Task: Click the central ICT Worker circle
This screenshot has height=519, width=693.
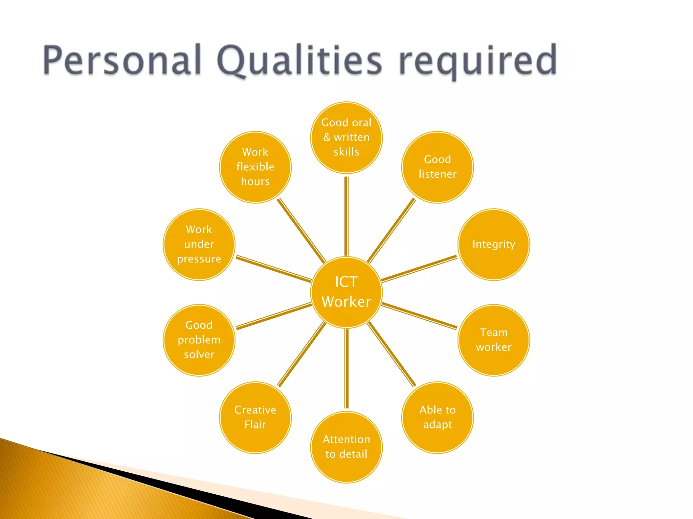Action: pos(346,292)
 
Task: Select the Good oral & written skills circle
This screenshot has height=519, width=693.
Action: pos(346,138)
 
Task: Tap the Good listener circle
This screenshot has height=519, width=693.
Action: pos(437,167)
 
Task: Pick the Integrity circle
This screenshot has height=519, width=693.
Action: pos(494,244)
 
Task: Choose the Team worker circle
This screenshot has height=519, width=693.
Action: pos(494,340)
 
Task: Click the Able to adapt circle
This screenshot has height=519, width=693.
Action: pos(437,417)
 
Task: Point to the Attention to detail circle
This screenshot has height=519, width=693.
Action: pos(346,447)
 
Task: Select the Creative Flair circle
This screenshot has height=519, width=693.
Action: pos(255,417)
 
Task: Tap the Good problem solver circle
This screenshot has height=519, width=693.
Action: pos(199,340)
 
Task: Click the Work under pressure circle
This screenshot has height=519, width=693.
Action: pos(199,244)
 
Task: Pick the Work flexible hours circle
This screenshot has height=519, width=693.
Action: pos(255,167)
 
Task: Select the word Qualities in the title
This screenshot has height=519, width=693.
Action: pos(300,61)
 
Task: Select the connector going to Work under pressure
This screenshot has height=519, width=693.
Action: pos(273,269)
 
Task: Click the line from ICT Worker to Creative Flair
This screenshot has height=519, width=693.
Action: pos(301,354)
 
